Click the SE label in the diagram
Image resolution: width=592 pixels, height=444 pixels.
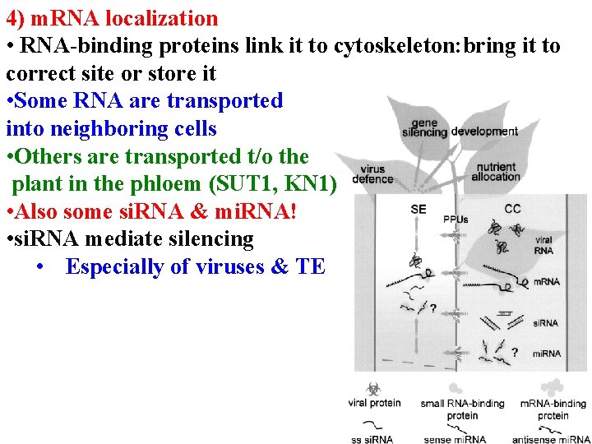click(x=418, y=209)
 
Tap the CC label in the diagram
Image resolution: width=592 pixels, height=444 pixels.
click(x=512, y=209)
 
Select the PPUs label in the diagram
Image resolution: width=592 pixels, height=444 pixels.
click(x=456, y=220)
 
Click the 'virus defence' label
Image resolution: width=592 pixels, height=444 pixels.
click(x=372, y=174)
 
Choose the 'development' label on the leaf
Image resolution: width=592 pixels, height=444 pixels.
click(x=484, y=132)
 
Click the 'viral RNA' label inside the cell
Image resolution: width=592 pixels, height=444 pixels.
click(x=543, y=245)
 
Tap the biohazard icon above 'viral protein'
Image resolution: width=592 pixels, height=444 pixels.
click(x=373, y=387)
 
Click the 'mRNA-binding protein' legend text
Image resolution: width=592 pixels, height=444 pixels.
click(x=553, y=409)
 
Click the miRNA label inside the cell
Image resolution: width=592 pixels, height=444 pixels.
click(x=546, y=354)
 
